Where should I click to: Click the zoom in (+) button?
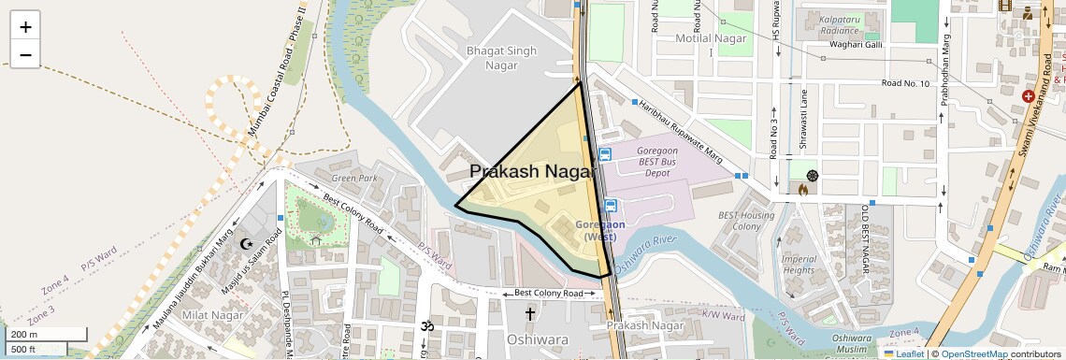click(x=25, y=27)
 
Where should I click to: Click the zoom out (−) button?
click(x=25, y=55)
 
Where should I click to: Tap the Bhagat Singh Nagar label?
click(x=501, y=57)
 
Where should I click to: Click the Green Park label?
click(x=354, y=178)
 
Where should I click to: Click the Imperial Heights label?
click(x=799, y=265)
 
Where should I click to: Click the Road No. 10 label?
click(x=904, y=84)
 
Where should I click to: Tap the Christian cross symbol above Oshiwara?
click(x=530, y=314)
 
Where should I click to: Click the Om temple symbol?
click(x=429, y=326)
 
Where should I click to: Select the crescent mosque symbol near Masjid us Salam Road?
click(x=248, y=243)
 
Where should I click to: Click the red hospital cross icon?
click(x=1029, y=95)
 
